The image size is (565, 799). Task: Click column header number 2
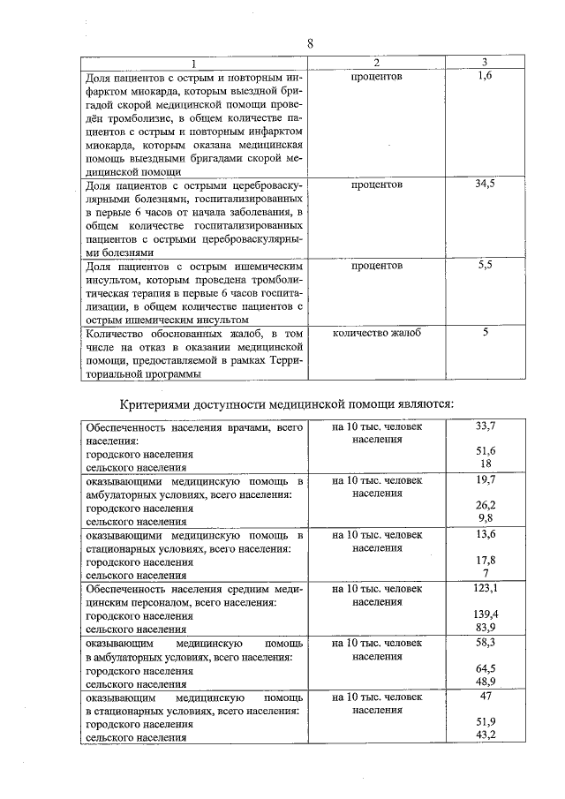[x=376, y=63]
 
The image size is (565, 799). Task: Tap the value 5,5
[x=485, y=265]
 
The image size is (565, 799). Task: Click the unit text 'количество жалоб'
[x=376, y=333]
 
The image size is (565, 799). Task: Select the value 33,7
[x=485, y=426]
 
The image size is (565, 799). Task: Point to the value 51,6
[x=485, y=451]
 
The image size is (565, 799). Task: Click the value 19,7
[x=485, y=480]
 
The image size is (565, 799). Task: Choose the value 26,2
[x=485, y=505]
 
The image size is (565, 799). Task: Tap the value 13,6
[x=485, y=534]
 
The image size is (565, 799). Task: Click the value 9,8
[x=485, y=518]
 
